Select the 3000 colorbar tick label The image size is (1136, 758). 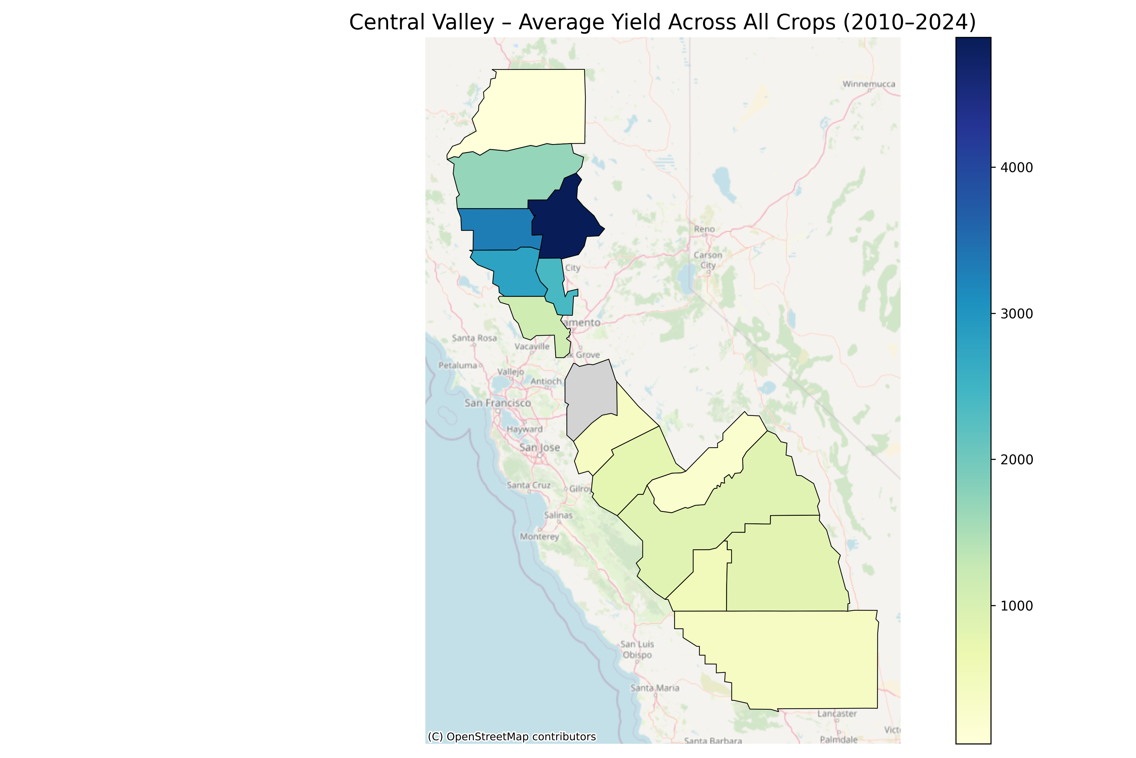coord(1016,314)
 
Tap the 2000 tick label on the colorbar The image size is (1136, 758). coord(1016,460)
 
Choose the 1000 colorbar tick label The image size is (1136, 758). coord(1016,606)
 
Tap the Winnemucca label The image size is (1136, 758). coord(868,84)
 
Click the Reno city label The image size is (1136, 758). coord(704,229)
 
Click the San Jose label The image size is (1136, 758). coord(540,448)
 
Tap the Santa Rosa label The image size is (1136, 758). coord(474,338)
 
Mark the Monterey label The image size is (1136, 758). coord(540,537)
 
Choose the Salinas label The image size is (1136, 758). coord(558,515)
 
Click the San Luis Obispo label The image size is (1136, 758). coord(637,650)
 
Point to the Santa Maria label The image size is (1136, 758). coord(655,688)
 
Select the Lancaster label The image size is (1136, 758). coord(837,713)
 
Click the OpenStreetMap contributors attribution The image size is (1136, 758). coord(512,737)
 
